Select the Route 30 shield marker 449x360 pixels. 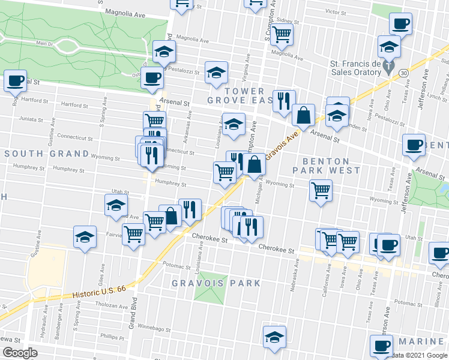click(x=404, y=73)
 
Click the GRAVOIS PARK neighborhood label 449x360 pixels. click(x=216, y=283)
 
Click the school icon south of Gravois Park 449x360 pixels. click(x=275, y=336)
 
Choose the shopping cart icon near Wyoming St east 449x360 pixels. click(x=321, y=190)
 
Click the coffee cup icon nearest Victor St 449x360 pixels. click(x=400, y=23)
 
